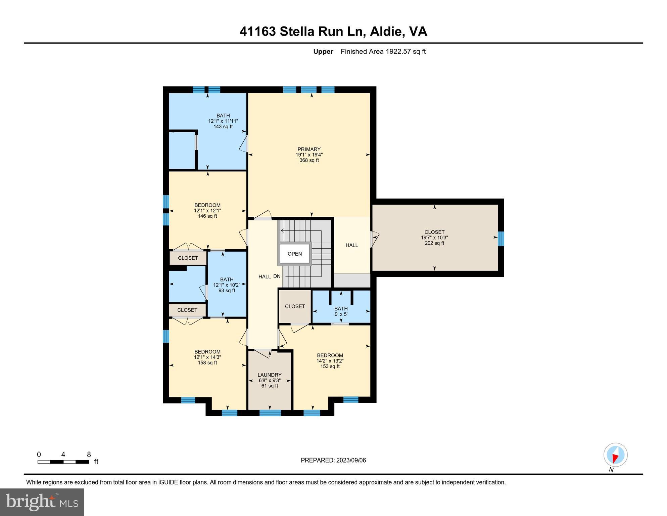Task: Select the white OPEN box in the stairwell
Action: [x=294, y=254]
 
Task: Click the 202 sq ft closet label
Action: [x=434, y=238]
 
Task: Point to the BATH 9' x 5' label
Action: [x=341, y=311]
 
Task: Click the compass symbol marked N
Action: [x=615, y=455]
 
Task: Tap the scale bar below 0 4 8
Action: [x=63, y=462]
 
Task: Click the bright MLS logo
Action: [x=42, y=502]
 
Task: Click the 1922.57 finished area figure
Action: [x=398, y=51]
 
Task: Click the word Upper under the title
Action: [x=323, y=51]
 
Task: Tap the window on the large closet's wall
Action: [x=501, y=238]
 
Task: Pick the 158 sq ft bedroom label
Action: [x=207, y=357]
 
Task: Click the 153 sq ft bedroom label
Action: [x=330, y=361]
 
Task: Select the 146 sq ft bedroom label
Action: [x=207, y=211]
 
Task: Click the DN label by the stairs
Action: [x=277, y=276]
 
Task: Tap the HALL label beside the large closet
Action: [x=352, y=245]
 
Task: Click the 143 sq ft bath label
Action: [x=223, y=121]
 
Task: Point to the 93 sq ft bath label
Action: [x=227, y=285]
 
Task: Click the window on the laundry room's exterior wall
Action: [x=270, y=413]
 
